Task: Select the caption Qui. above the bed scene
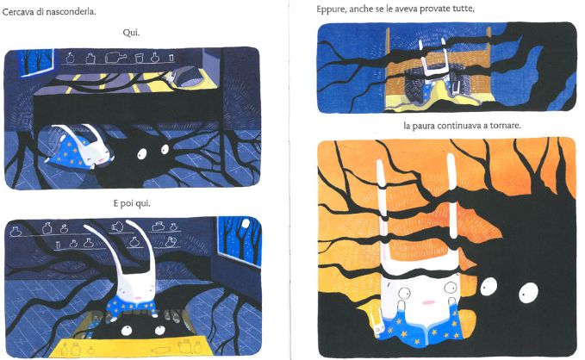[131, 33]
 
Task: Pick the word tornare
[505, 126]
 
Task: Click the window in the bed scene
[37, 62]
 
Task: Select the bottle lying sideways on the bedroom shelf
[115, 58]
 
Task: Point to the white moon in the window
[246, 223]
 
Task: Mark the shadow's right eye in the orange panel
[529, 292]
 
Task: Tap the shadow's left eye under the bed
[142, 153]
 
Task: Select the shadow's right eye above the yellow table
[160, 330]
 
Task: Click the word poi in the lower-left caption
[130, 204]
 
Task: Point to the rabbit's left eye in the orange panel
[404, 293]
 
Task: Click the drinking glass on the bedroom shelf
[139, 59]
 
